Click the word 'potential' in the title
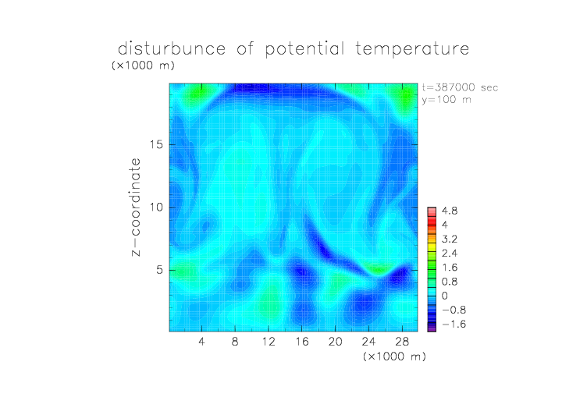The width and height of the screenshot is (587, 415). (304, 49)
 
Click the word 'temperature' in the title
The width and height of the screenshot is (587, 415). (412, 49)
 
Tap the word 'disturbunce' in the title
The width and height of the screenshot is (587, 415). (172, 48)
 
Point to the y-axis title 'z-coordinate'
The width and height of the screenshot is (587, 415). (136, 207)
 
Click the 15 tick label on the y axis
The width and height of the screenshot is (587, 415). (156, 144)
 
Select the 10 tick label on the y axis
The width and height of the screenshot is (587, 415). (156, 207)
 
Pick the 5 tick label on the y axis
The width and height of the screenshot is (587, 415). (160, 270)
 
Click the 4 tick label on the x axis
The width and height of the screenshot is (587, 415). (201, 341)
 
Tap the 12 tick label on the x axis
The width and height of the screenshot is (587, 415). (269, 341)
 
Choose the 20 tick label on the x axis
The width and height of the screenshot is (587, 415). (335, 341)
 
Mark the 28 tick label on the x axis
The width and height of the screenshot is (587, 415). (402, 341)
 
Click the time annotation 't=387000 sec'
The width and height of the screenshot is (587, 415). (460, 87)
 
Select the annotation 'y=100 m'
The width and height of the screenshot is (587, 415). (446, 100)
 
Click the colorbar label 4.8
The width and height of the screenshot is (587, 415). (450, 211)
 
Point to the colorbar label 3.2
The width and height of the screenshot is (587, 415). (450, 239)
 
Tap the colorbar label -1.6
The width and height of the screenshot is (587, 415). (454, 324)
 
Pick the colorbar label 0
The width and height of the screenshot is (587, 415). (445, 296)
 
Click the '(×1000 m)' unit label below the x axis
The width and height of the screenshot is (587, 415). (394, 356)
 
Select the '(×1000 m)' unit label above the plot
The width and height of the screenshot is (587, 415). (143, 66)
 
